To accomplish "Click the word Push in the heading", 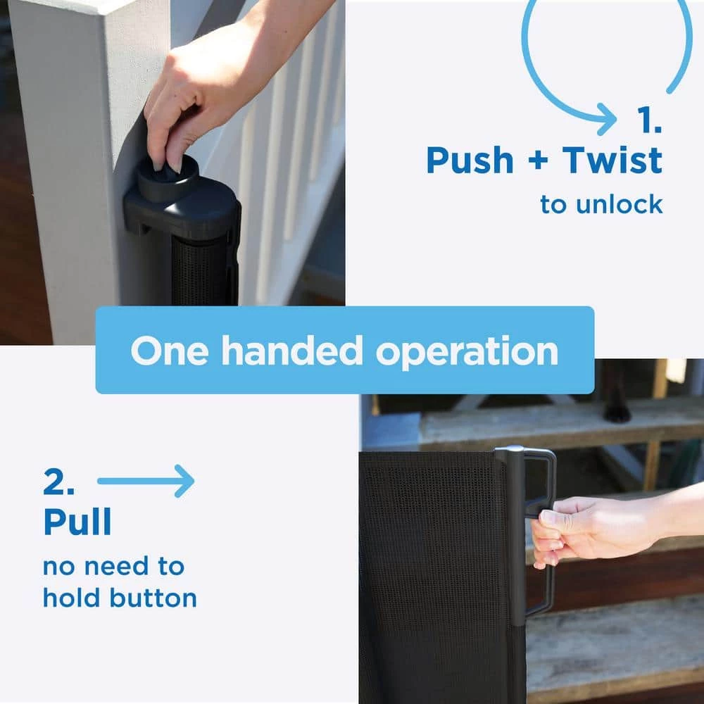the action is (470, 161).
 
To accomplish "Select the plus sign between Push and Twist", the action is (538, 161).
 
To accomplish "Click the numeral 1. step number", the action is (650, 120).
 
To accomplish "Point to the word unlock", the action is (619, 204).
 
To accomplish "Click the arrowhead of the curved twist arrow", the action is (608, 119).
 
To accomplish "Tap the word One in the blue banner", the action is (169, 350).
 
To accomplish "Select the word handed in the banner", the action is (292, 350).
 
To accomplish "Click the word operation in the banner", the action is (467, 352).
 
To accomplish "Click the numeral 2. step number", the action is (59, 481).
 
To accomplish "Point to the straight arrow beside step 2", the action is (146, 481).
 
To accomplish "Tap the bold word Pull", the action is (77, 522).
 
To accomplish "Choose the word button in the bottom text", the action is (153, 598).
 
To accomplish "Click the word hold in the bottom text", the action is (71, 598).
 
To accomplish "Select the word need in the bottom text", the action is (116, 566).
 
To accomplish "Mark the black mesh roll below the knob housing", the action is (201, 270).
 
